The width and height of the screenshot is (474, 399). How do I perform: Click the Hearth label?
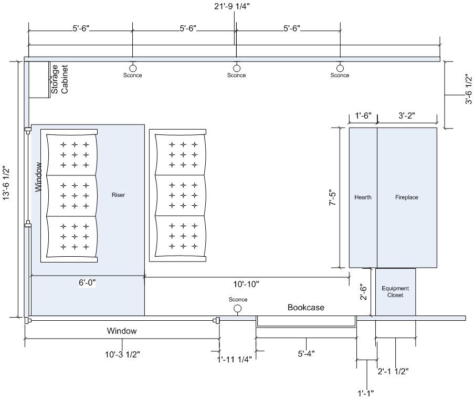pyautogui.click(x=363, y=197)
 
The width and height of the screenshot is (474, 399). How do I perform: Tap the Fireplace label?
pyautogui.click(x=407, y=197)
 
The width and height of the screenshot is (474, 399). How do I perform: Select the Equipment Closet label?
pyautogui.click(x=395, y=292)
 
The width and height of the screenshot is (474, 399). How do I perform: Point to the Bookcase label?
pyautogui.click(x=306, y=308)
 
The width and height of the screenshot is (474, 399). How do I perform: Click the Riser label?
pyautogui.click(x=118, y=195)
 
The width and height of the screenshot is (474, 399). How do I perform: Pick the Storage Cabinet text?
pyautogui.click(x=59, y=79)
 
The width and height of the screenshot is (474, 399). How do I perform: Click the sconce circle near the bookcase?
pyautogui.click(x=238, y=309)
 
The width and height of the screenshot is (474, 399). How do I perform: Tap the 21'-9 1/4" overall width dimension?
pyautogui.click(x=232, y=6)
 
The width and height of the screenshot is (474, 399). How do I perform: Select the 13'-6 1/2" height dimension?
pyautogui.click(x=6, y=183)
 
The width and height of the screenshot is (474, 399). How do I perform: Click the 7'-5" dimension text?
pyautogui.click(x=332, y=198)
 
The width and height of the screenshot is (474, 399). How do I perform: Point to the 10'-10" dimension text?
pyautogui.click(x=246, y=284)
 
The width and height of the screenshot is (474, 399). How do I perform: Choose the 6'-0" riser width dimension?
pyautogui.click(x=87, y=282)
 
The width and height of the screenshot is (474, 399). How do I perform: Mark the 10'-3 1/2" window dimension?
pyautogui.click(x=122, y=354)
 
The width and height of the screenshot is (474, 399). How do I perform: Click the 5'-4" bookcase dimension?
pyautogui.click(x=306, y=353)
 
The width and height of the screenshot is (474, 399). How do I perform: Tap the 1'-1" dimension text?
pyautogui.click(x=366, y=393)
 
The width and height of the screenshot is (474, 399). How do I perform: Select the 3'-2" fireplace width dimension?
pyautogui.click(x=407, y=115)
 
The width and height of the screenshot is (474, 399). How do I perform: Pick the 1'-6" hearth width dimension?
pyautogui.click(x=363, y=115)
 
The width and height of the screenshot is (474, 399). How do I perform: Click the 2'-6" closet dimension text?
pyautogui.click(x=363, y=292)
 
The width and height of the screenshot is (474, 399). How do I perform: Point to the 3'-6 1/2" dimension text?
pyautogui.click(x=468, y=89)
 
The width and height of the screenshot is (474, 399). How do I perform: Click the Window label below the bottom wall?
pyautogui.click(x=122, y=331)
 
